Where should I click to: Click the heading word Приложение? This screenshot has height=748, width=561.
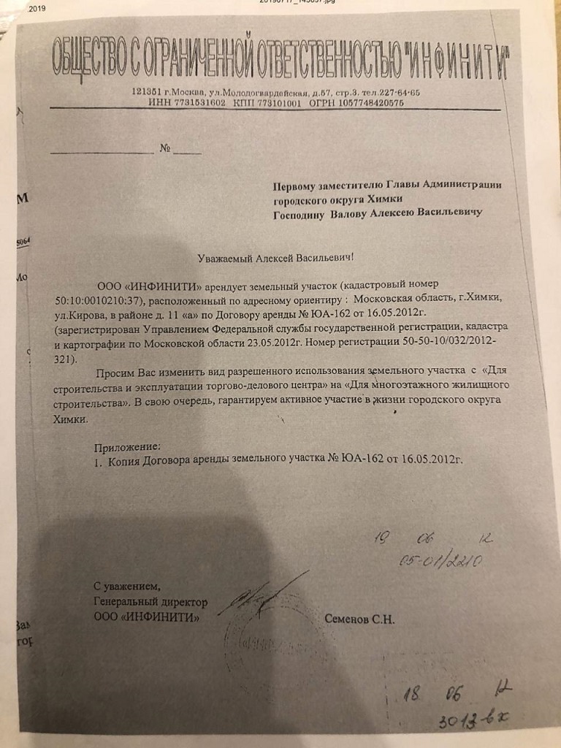126,446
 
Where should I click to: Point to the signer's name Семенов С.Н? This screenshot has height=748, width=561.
359,619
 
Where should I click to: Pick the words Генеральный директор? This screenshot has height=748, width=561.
150,603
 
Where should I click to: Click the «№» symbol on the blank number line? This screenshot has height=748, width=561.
165,149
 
